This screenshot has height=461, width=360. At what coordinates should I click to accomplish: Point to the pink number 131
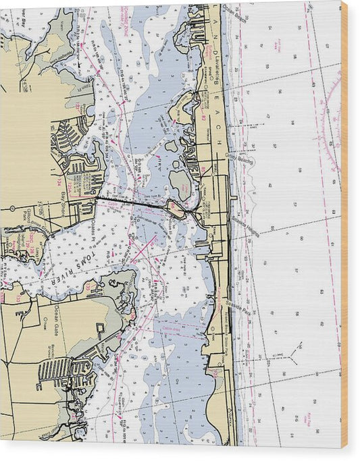pyautogui.click(x=89, y=287)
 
